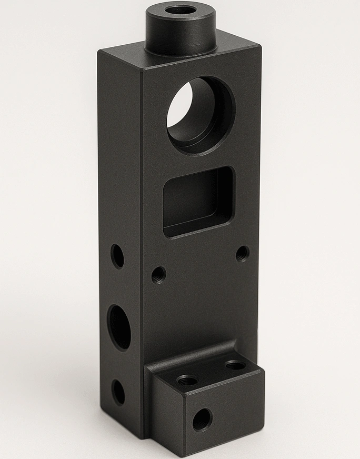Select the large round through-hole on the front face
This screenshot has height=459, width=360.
[201, 115]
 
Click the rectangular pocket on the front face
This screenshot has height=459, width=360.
[198, 202]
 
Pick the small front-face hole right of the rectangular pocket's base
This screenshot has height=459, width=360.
[242, 254]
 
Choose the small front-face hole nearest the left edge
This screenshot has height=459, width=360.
[158, 274]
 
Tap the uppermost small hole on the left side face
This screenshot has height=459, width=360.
[117, 256]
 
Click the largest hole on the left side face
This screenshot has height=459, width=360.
[120, 326]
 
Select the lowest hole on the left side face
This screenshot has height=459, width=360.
[118, 392]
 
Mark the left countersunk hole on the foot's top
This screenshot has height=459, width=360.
[187, 380]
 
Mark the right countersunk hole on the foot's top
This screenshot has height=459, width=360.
[235, 365]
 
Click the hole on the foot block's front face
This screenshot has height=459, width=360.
[202, 420]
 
